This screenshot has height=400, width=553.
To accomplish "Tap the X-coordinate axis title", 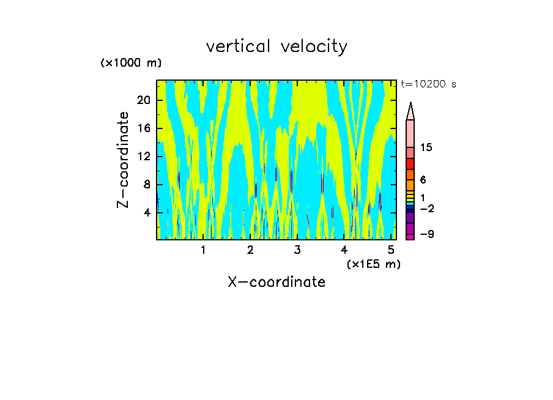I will [x=276, y=282].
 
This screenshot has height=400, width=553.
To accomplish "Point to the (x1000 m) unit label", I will [x=131, y=63].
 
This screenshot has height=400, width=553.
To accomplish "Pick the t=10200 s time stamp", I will [x=428, y=84].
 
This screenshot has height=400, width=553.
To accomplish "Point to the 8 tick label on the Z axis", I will [x=147, y=185].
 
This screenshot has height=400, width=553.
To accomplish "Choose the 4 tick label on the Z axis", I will [x=147, y=213].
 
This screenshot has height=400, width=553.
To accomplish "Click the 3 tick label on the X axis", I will [x=297, y=250].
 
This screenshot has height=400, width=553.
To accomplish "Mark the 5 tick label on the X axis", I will [x=391, y=250].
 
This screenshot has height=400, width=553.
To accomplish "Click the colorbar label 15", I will [x=426, y=148].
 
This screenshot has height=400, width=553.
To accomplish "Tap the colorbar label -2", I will [x=426, y=209].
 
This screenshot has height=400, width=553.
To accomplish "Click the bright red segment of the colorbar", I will [x=410, y=164].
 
